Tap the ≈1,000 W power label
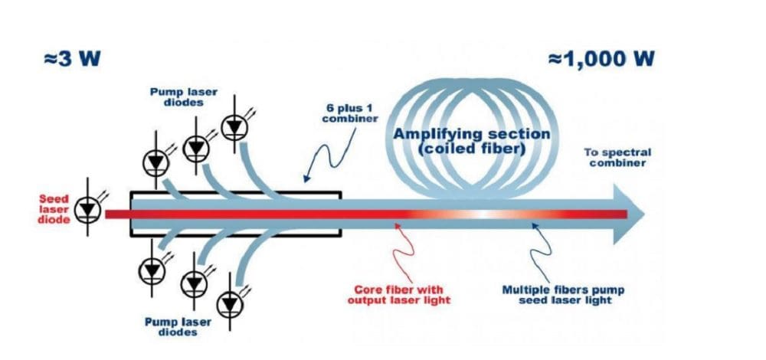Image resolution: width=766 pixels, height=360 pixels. [x=601, y=59]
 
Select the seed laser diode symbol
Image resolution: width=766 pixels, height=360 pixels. [x=88, y=208]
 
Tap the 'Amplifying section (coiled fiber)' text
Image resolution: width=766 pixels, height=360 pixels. [x=471, y=141]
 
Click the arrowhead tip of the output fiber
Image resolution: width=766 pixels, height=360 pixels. [x=642, y=214]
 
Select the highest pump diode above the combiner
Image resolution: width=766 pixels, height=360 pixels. [x=234, y=126]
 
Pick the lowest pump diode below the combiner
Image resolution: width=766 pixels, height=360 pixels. [x=230, y=304]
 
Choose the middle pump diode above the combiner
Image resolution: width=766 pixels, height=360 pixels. [x=196, y=145]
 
